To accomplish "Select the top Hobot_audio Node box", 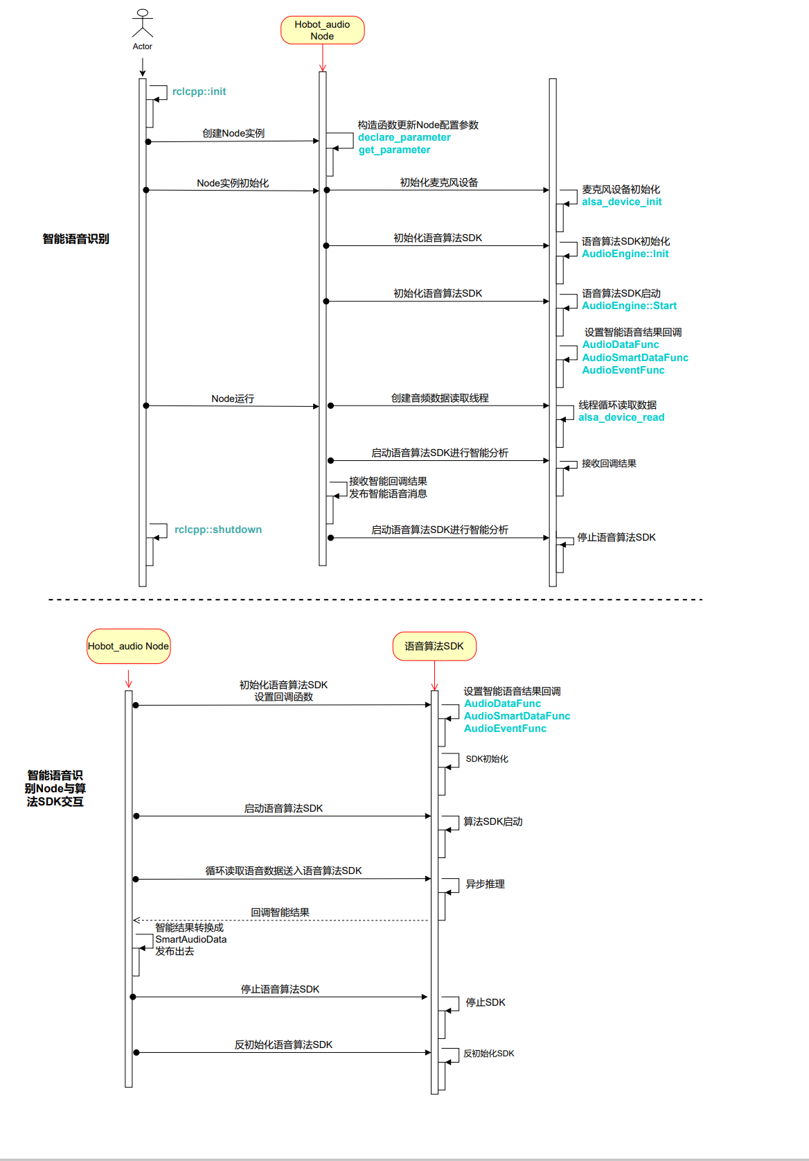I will [x=322, y=30].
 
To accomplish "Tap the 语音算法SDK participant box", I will [x=434, y=646].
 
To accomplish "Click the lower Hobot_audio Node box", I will [x=128, y=646].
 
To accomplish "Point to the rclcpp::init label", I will [x=199, y=91].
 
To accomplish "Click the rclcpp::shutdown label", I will [x=217, y=530].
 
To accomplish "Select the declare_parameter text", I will [x=404, y=137].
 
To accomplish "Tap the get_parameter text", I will [x=394, y=150].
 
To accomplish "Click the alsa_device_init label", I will [x=621, y=202].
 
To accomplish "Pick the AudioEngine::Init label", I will [x=625, y=254].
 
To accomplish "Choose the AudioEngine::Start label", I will [x=629, y=306].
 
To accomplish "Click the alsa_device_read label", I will [x=621, y=417].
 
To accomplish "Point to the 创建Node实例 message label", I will [x=233, y=133].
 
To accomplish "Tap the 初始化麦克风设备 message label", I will [x=438, y=182].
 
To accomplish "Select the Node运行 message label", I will [x=233, y=399].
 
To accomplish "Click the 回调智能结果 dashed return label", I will [x=280, y=912].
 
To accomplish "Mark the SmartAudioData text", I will [x=190, y=939].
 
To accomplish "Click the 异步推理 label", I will [x=485, y=884].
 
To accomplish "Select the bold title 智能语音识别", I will [x=75, y=239].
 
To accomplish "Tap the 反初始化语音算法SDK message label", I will [x=283, y=1045].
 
